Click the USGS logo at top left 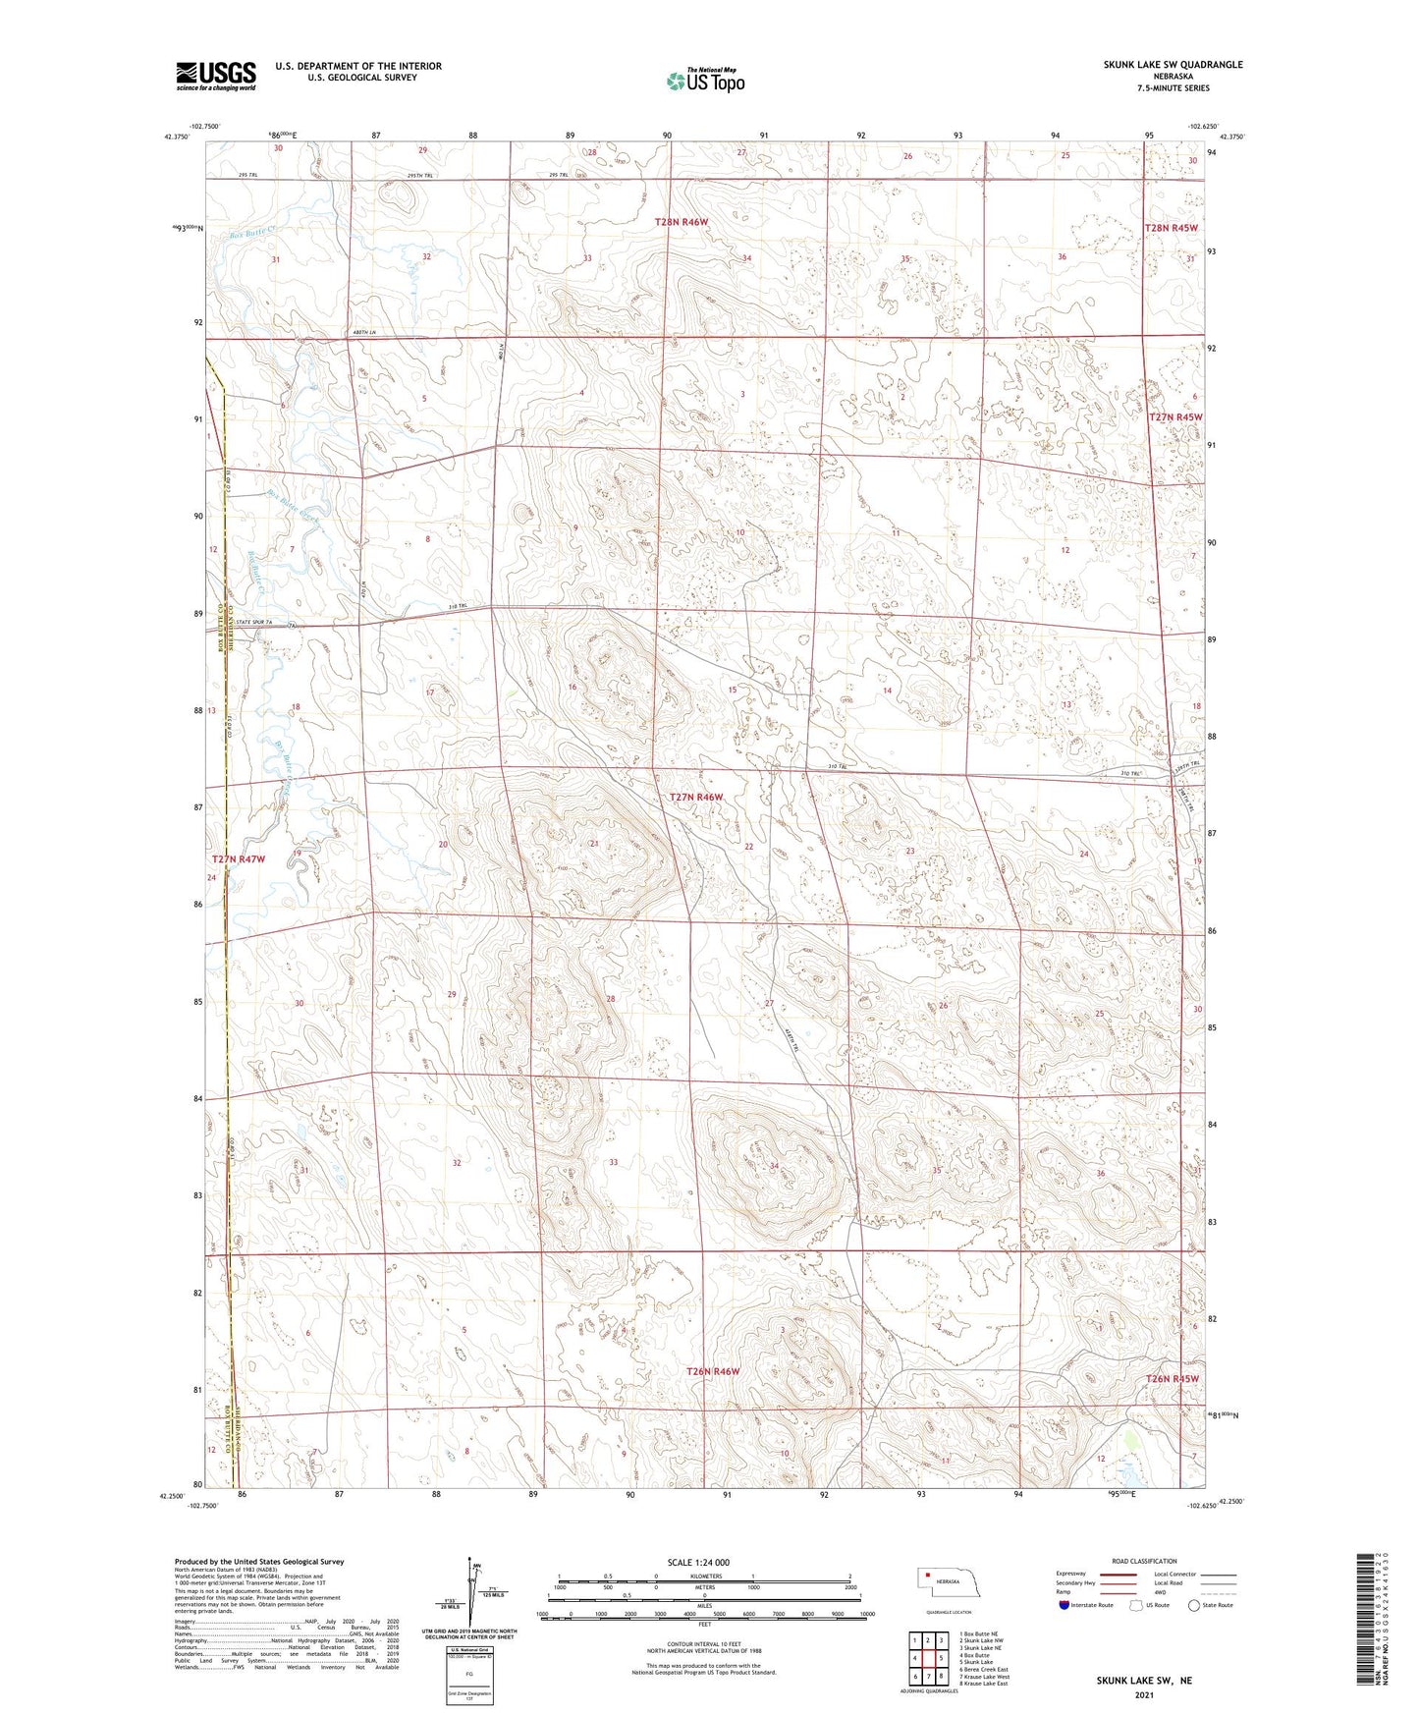pyautogui.click(x=215, y=75)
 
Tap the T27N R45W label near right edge pyautogui.click(x=1174, y=417)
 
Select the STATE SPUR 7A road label pyautogui.click(x=258, y=623)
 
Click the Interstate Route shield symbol pyautogui.click(x=1064, y=1605)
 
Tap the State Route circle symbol pyautogui.click(x=1194, y=1605)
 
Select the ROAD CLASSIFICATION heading pyautogui.click(x=1144, y=1561)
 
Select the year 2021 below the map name pyautogui.click(x=1144, y=1694)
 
